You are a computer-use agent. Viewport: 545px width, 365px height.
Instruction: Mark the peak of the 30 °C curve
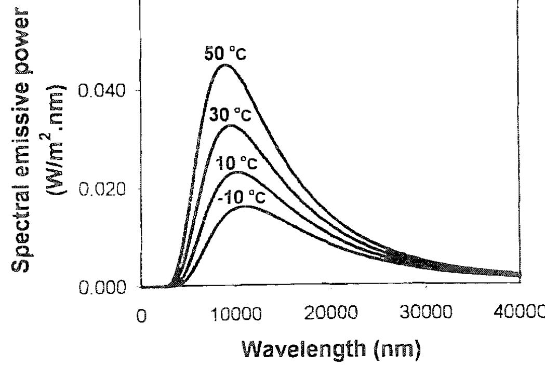click(x=232, y=125)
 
